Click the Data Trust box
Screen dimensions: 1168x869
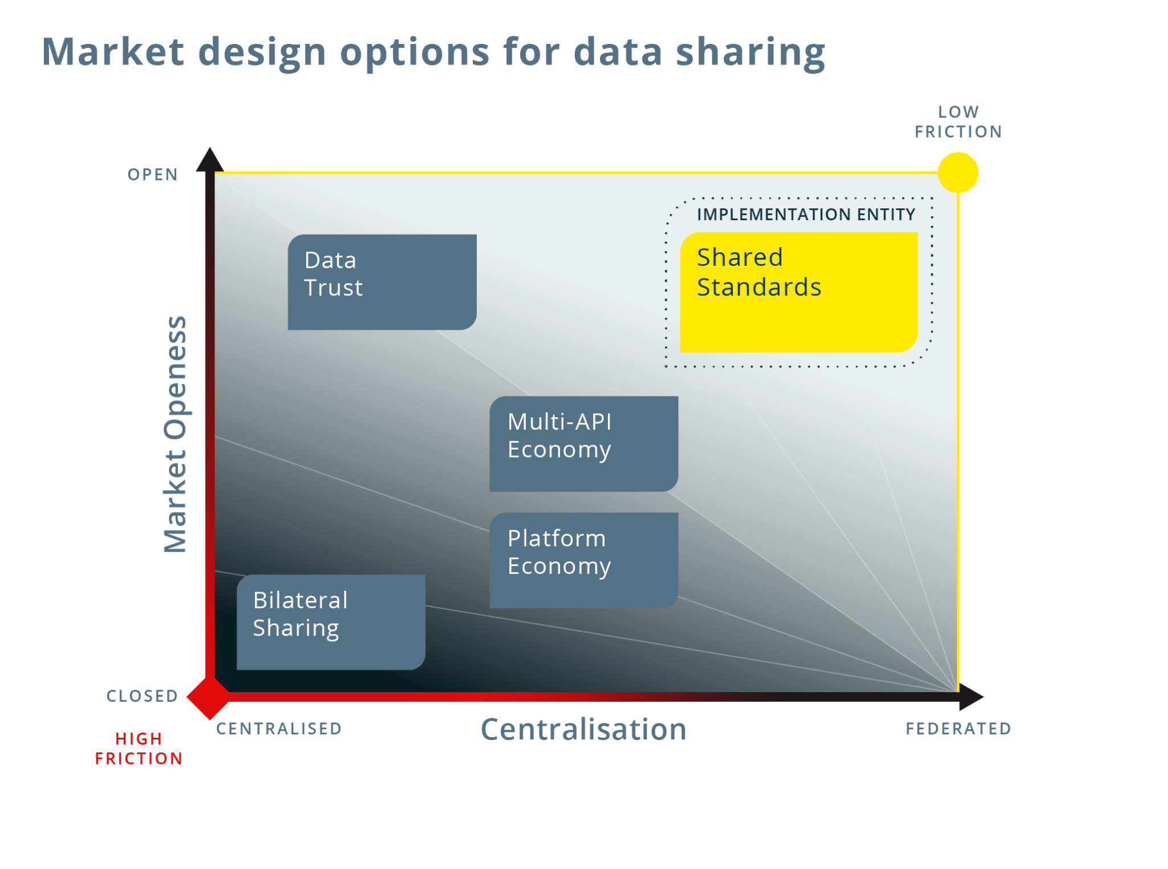coord(382,282)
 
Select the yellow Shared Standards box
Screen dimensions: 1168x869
coord(798,292)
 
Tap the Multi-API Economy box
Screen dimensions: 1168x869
coord(584,444)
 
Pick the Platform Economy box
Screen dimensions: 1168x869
coord(584,560)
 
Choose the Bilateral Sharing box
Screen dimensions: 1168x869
coord(331,622)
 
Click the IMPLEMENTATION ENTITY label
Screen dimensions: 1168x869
coord(806,215)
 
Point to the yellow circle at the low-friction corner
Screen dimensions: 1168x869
coord(958,172)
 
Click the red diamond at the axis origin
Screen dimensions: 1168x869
coord(210,697)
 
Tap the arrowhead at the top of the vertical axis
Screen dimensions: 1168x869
coord(209,159)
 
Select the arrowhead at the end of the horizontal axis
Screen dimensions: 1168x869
coord(971,697)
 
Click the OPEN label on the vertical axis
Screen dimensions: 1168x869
coord(153,175)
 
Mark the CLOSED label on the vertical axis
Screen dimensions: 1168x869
coord(143,696)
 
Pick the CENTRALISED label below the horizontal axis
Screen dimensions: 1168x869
coord(279,729)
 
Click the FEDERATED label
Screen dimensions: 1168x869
coord(959,729)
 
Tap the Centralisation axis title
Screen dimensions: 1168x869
coord(583,729)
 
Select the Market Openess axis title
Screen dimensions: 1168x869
coord(175,434)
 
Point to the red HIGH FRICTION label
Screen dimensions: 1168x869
coord(139,749)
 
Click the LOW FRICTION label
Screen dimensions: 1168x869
coord(959,122)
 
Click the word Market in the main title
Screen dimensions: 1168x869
coord(113,51)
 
